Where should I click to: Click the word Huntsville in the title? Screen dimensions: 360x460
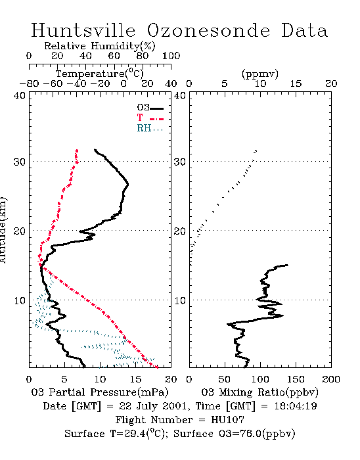pos(83,30)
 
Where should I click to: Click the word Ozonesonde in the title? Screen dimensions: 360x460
pos(208,30)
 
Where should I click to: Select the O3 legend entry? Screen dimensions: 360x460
pos(150,108)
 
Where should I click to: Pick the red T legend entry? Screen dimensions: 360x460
pos(150,118)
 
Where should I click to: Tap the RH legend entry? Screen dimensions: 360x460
pos(150,128)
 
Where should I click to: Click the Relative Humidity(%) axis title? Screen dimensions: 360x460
pos(100,46)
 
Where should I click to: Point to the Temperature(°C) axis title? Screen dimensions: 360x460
pos(100,74)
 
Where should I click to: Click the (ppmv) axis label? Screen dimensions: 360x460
pos(260,74)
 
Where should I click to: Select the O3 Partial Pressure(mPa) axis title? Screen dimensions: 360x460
pos(100,392)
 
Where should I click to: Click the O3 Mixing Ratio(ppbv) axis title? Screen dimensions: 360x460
pos(260,392)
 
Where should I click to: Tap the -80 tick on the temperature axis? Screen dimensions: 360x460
pos(29,83)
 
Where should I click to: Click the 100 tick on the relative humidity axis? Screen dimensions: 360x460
pos(171,56)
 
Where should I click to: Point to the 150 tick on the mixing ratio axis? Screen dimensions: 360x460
pos(296,379)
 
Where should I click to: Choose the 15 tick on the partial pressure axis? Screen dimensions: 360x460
pos(135,379)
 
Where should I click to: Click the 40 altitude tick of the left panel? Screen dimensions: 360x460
pos(20,95)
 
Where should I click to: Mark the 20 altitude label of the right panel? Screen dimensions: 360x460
pos(180,231)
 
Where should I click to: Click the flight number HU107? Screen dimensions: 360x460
pos(227,420)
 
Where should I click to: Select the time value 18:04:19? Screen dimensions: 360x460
pos(296,406)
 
